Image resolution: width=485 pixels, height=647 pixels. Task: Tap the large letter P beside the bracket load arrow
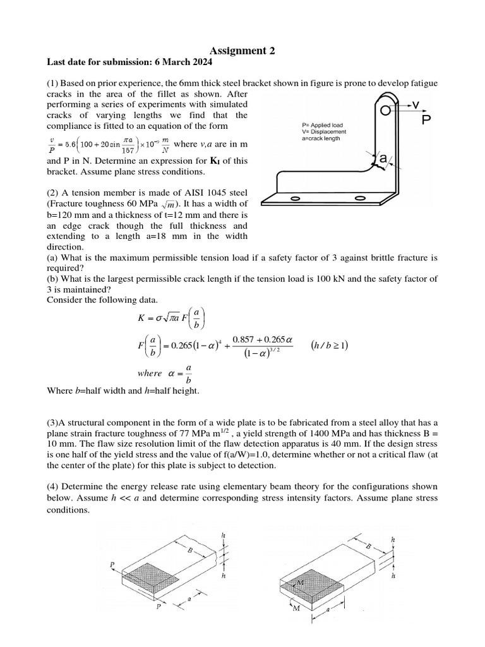click(426, 119)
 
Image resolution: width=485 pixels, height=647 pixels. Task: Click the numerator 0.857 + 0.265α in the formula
click(264, 339)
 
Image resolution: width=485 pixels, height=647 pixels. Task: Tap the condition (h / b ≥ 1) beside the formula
click(330, 345)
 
